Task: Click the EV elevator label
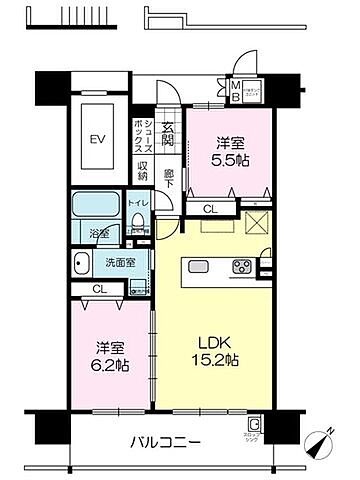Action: (x=97, y=140)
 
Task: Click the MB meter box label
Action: (x=236, y=95)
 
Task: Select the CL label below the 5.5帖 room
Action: (x=208, y=209)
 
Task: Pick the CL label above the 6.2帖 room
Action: (x=97, y=289)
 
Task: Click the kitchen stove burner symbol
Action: (x=243, y=266)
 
